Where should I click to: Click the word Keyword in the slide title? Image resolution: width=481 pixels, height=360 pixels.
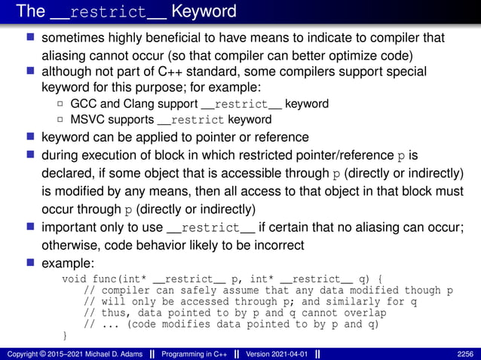[204, 11]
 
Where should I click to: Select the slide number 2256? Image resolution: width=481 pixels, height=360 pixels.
[465, 352]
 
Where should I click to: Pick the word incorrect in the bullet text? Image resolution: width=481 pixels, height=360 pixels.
[276, 246]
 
